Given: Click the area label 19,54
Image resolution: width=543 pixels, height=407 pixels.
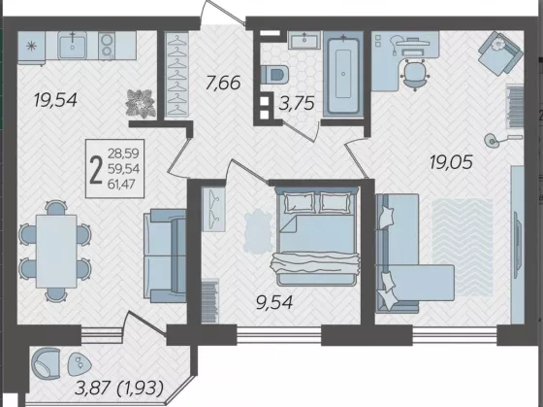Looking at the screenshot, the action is pyautogui.click(x=55, y=101).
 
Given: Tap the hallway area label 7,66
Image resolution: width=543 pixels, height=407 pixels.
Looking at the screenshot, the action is pyautogui.click(x=223, y=83).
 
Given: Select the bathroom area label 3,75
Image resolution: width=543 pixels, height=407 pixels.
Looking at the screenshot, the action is pyautogui.click(x=297, y=103).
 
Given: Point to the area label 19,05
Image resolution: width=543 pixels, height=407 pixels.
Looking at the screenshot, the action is pyautogui.click(x=451, y=162).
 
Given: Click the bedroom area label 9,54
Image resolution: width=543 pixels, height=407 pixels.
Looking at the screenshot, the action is pyautogui.click(x=274, y=302).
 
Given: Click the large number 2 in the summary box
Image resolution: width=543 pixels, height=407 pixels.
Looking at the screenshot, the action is pyautogui.click(x=96, y=169).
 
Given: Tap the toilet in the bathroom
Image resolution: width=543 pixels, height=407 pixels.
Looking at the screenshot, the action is pyautogui.click(x=274, y=74).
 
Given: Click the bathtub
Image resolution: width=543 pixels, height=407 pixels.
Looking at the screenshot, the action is pyautogui.click(x=343, y=74).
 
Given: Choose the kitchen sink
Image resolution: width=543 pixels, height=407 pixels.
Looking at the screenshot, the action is pyautogui.click(x=73, y=45).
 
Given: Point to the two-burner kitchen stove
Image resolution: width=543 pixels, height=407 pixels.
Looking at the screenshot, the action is pyautogui.click(x=107, y=46).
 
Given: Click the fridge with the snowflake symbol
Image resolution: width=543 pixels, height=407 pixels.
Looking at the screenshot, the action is pyautogui.click(x=31, y=48).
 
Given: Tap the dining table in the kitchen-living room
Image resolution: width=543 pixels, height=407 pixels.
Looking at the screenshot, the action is pyautogui.click(x=56, y=252).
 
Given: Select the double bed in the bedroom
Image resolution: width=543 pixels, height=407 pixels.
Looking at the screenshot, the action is pyautogui.click(x=317, y=236).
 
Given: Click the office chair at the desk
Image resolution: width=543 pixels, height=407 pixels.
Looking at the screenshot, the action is pyautogui.click(x=415, y=74).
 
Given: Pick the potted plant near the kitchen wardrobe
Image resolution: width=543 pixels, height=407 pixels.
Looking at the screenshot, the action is pyautogui.click(x=141, y=103).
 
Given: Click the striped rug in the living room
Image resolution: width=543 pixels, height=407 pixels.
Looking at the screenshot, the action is pyautogui.click(x=463, y=248).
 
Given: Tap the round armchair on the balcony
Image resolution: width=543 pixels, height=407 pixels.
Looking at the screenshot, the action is pyautogui.click(x=46, y=363).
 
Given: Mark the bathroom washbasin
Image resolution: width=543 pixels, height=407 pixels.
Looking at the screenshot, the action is pyautogui.click(x=304, y=40).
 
